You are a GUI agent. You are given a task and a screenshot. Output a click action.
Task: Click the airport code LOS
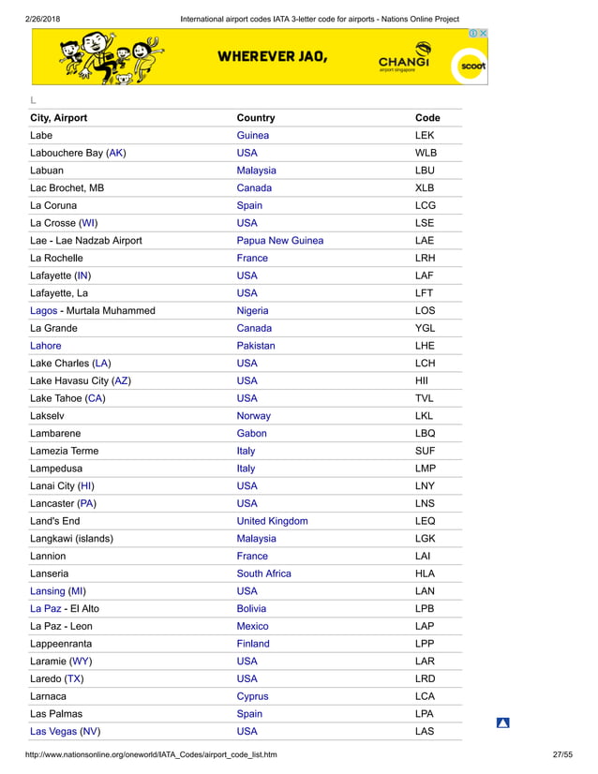click(x=425, y=311)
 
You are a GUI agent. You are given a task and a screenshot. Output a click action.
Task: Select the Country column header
click(x=256, y=118)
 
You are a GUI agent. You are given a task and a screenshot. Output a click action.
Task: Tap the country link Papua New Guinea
click(x=279, y=241)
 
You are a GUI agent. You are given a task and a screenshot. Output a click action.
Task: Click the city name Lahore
click(x=46, y=346)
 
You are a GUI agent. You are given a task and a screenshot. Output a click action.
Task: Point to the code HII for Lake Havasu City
click(x=421, y=381)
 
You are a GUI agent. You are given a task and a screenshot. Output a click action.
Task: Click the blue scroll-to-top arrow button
click(x=502, y=722)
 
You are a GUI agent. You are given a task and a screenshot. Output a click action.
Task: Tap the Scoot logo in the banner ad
click(x=469, y=67)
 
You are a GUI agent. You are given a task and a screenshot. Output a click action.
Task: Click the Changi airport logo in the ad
click(x=405, y=58)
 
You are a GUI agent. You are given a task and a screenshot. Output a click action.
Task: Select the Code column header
click(x=427, y=118)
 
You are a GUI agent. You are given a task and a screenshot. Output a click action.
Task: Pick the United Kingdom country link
click(x=272, y=521)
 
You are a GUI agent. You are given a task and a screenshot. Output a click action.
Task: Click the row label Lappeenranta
click(x=61, y=644)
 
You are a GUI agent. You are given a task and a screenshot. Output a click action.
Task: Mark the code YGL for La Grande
click(x=425, y=329)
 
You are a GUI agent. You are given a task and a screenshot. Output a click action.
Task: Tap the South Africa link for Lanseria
click(x=263, y=573)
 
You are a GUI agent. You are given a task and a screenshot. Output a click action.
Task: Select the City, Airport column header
click(x=59, y=118)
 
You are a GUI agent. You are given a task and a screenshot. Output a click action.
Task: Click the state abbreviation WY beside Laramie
click(x=82, y=662)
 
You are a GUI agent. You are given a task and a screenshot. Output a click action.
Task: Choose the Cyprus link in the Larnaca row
click(x=252, y=696)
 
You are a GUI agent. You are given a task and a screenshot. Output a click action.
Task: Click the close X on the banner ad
click(x=483, y=33)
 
